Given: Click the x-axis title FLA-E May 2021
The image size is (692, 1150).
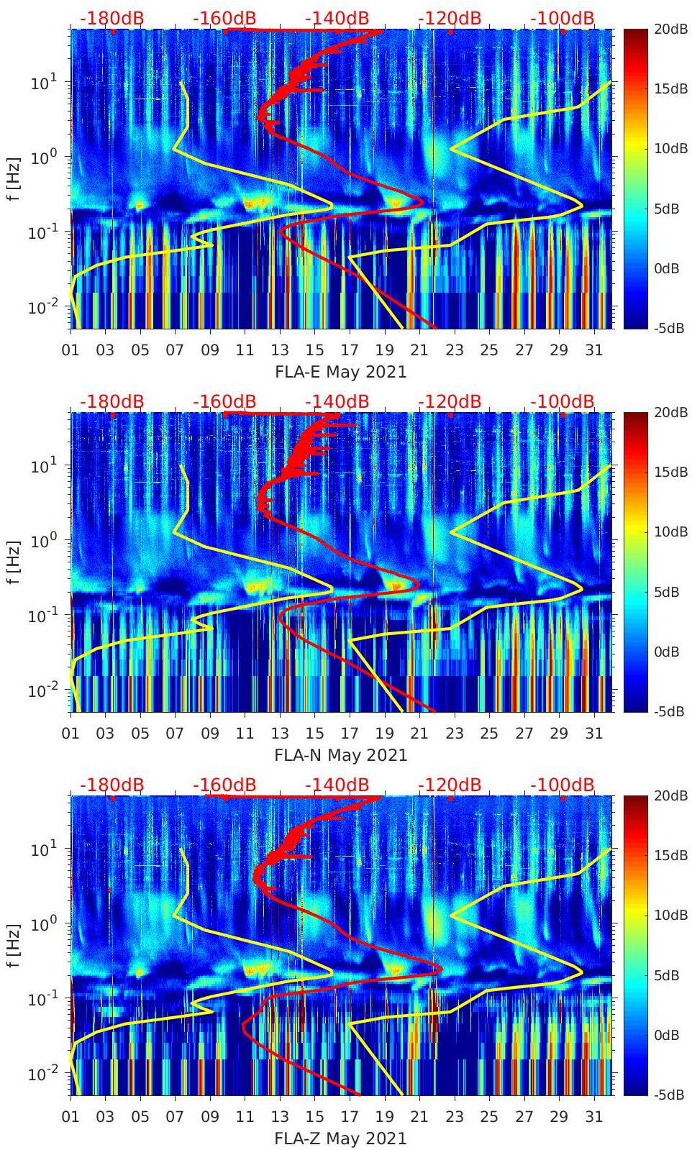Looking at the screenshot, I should click(x=341, y=373).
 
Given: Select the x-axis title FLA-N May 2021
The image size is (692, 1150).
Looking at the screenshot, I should click(x=341, y=756).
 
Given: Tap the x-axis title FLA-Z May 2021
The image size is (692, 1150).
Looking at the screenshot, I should click(x=341, y=1139).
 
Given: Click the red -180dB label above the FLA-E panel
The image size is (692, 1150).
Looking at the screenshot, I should click(x=111, y=18).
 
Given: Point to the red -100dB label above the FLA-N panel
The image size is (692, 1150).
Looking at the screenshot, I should click(x=563, y=401).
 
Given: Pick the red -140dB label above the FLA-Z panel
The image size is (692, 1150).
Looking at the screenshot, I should click(x=337, y=785).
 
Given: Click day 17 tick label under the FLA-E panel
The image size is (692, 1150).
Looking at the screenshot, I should click(x=350, y=350).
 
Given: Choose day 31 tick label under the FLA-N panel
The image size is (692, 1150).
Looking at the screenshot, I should click(x=593, y=734).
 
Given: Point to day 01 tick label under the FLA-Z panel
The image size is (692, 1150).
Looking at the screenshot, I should click(x=70, y=1117).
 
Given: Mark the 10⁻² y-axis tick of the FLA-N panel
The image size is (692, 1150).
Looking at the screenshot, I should click(x=42, y=691).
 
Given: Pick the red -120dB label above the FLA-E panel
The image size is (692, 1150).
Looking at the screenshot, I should click(x=450, y=18).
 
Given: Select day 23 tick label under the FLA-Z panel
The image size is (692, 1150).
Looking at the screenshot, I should click(x=454, y=1117).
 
